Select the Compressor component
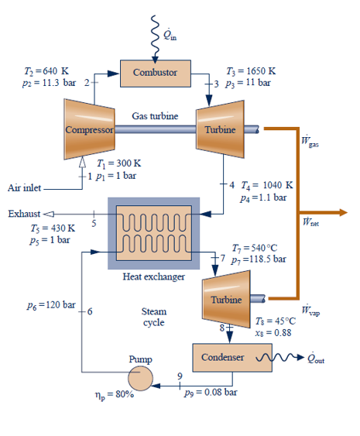click(90, 129)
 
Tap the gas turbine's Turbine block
click(220, 129)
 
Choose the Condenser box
click(223, 358)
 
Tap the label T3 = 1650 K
click(247, 70)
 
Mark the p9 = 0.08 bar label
click(212, 393)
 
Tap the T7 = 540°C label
click(249, 247)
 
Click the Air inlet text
click(24, 187)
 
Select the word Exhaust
click(23, 213)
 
